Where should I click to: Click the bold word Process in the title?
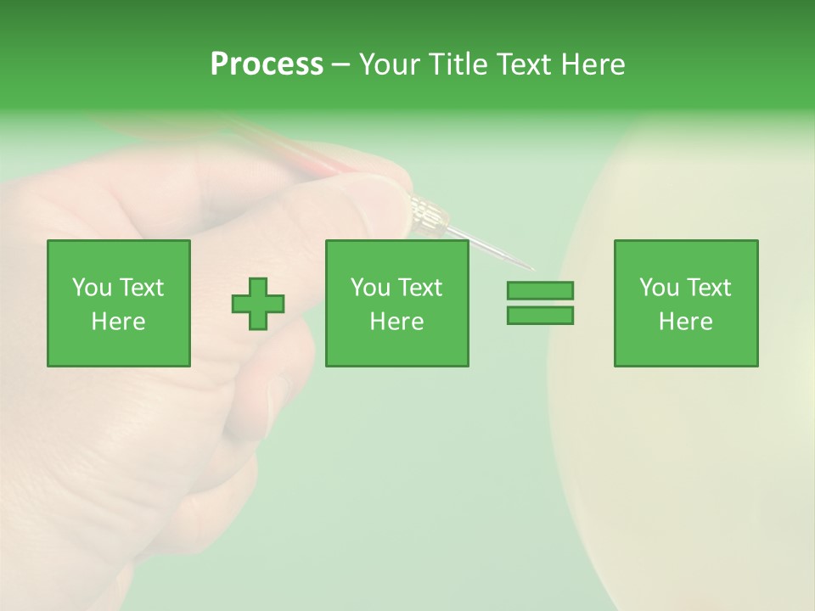267,64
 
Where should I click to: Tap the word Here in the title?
592,64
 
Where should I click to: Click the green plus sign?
258,304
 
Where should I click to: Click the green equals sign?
540,303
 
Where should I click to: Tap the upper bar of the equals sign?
540,291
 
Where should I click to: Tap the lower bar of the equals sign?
540,316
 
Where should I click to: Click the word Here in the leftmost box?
118,322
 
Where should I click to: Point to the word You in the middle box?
370,288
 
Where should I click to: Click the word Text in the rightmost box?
707,288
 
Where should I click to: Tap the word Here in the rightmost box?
685,322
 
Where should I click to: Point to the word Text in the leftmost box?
140,288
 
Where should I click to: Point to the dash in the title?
341,64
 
